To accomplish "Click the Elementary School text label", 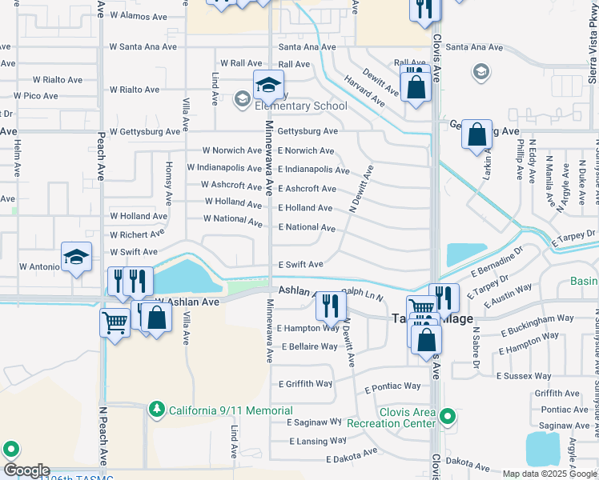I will pyautogui.click(x=301, y=106).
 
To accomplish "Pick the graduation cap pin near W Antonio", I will pyautogui.click(x=77, y=258).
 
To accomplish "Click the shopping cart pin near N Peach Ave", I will pyautogui.click(x=115, y=324).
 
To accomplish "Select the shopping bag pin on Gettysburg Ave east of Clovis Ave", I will pyautogui.click(x=476, y=135).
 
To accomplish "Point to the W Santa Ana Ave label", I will pyautogui.click(x=143, y=46).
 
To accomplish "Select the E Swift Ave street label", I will pyautogui.click(x=300, y=264).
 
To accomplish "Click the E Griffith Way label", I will pyautogui.click(x=306, y=384).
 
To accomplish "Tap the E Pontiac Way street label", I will pyautogui.click(x=392, y=386).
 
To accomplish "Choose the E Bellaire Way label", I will pyautogui.click(x=310, y=347).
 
